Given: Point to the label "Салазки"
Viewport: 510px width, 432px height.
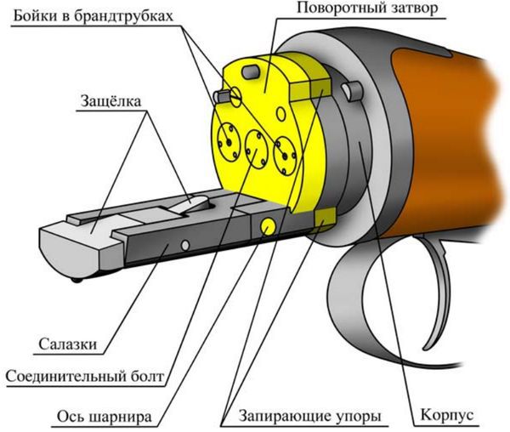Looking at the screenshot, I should [x=65, y=344].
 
